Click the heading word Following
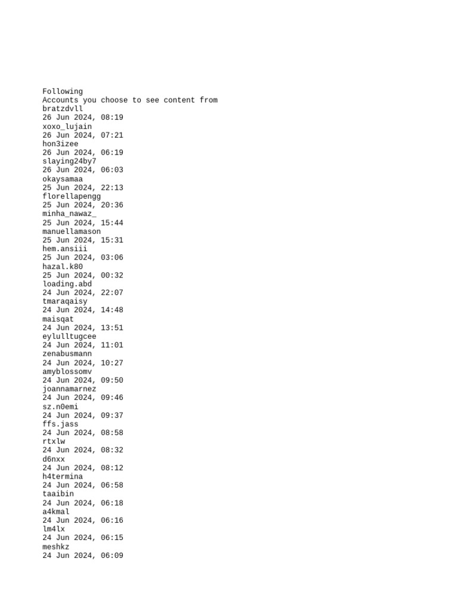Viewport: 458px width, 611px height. [63, 91]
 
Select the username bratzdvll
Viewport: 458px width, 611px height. [63, 109]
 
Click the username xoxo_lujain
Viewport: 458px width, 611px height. [67, 126]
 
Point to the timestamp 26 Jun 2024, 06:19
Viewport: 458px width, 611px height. [83, 153]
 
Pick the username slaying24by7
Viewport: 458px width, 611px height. [69, 161]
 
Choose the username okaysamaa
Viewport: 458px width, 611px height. [63, 179]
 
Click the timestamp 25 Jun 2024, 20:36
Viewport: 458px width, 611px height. [83, 205]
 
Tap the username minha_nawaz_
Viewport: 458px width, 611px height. [69, 214]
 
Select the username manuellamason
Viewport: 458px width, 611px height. [72, 232]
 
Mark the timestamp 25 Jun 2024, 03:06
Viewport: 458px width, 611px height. [83, 258]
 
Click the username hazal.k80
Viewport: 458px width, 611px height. [63, 267]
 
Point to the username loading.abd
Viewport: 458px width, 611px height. [67, 284]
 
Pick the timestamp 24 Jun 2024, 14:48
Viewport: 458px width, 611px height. [83, 310]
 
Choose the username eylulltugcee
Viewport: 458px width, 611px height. [69, 337]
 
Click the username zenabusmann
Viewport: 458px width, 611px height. [67, 354]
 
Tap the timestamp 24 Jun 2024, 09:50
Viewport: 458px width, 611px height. [83, 380]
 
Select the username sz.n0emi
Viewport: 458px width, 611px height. [60, 407]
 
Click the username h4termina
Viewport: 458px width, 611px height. [63, 477]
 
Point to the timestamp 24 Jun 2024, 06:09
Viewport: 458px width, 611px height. [83, 556]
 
